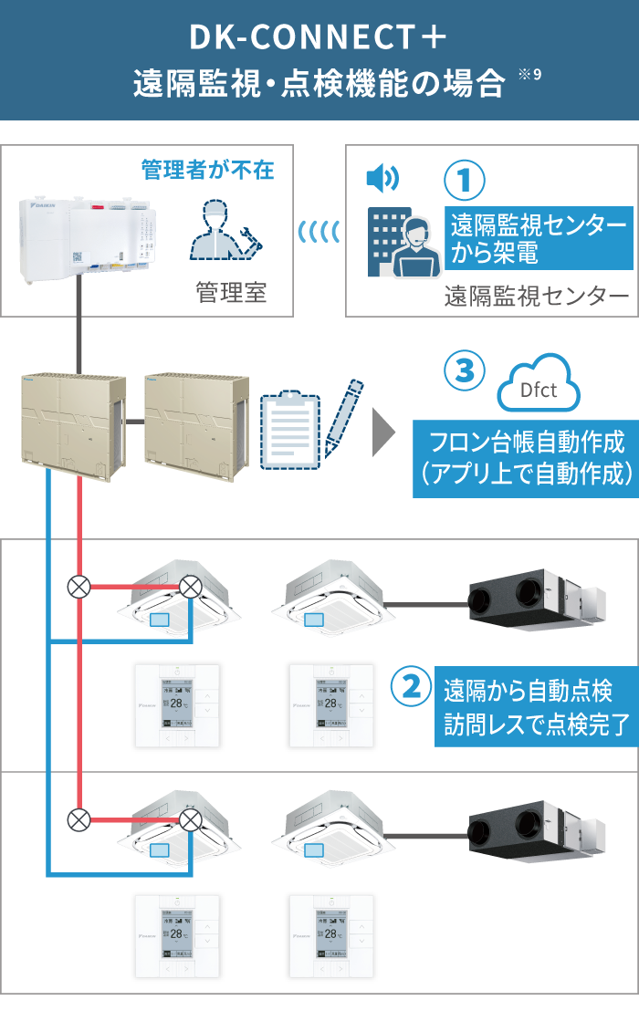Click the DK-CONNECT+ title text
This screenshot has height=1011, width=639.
pyautogui.click(x=318, y=37)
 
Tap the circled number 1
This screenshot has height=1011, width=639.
pyautogui.click(x=465, y=180)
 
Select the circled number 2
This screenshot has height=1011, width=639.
pyautogui.click(x=411, y=686)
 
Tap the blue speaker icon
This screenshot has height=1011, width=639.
pyautogui.click(x=382, y=179)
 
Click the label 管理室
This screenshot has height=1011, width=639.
pyautogui.click(x=231, y=293)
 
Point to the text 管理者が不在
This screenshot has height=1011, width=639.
pyautogui.click(x=207, y=170)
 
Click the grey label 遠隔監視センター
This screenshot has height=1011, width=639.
pyautogui.click(x=537, y=297)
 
